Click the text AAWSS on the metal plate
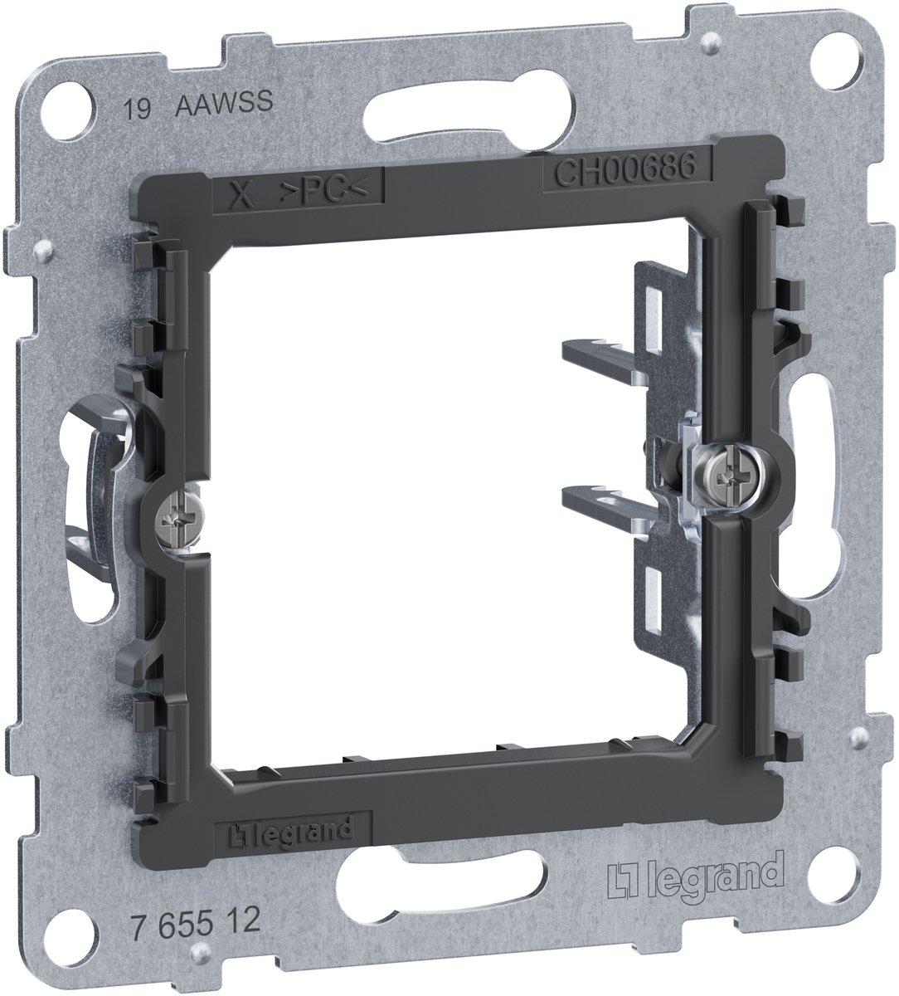[224, 103]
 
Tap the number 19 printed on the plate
[137, 110]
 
